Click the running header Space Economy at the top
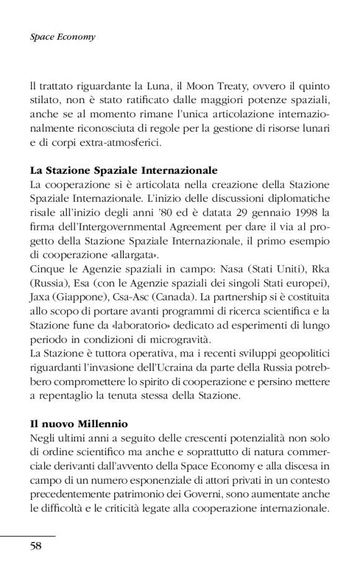pyautogui.click(x=62, y=37)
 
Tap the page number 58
pyautogui.click(x=36, y=546)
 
